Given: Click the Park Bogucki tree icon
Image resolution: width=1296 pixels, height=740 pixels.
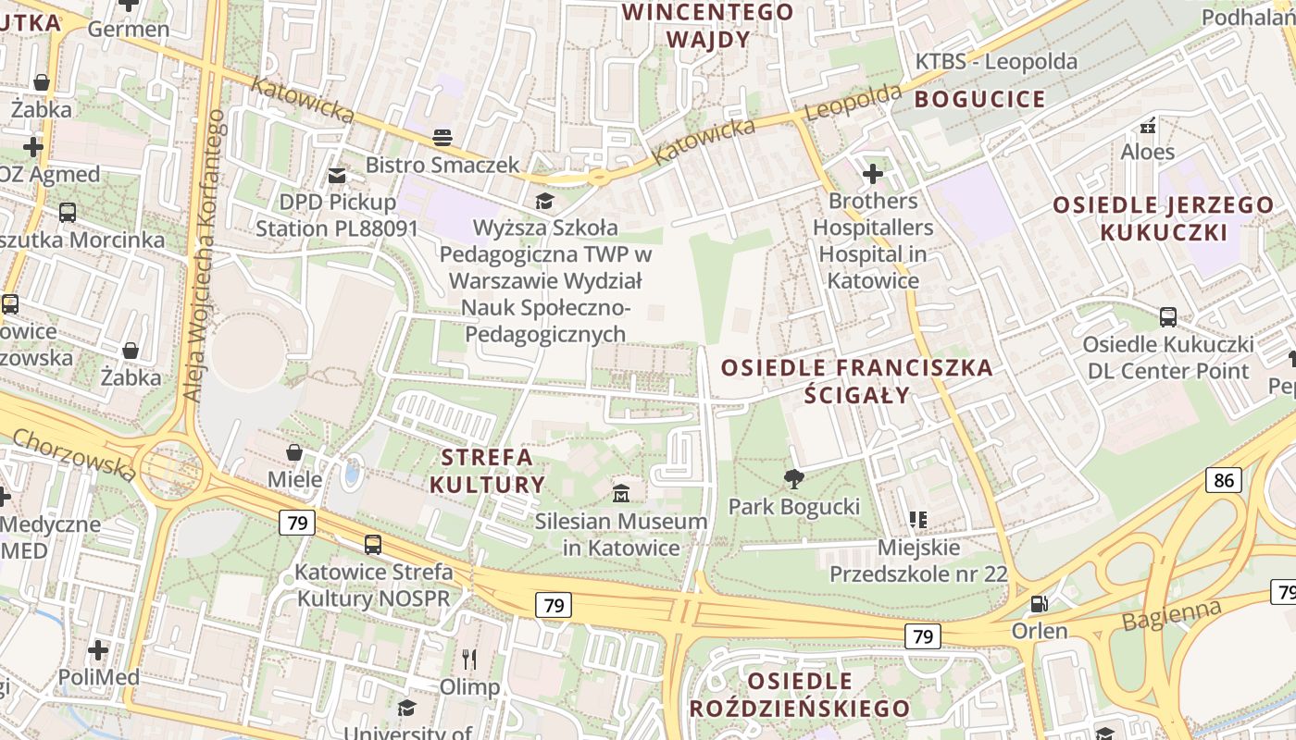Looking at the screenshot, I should click(x=793, y=478).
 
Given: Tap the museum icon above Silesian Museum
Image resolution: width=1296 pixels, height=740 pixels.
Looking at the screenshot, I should click(x=621, y=492).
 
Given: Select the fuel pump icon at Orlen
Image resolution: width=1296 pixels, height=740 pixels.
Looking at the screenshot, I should click(x=1040, y=603).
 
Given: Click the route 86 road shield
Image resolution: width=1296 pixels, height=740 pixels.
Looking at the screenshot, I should click(x=1224, y=479).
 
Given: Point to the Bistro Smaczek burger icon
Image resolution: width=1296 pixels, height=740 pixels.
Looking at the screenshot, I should click(x=442, y=138).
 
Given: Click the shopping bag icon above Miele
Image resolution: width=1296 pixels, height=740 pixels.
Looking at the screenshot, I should click(x=294, y=451).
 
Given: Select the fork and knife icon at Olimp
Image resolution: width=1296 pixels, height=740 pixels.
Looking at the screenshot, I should click(x=469, y=659).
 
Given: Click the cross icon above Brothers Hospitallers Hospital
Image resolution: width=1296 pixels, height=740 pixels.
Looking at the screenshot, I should click(x=872, y=173).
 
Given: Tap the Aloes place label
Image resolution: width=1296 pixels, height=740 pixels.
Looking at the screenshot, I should click(x=1148, y=152).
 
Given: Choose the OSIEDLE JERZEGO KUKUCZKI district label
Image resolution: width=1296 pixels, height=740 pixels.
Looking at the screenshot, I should click(x=1164, y=218).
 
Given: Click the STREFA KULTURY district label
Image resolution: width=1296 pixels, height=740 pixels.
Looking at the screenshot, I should click(x=487, y=471).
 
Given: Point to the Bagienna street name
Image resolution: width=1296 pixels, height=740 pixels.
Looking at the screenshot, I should click(x=1171, y=615).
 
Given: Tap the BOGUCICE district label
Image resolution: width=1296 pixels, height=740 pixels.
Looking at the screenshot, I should click(x=980, y=99).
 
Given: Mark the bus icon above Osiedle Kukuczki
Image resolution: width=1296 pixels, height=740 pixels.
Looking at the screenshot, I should click(x=1167, y=317).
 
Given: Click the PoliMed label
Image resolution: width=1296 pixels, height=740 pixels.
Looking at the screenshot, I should click(x=99, y=677).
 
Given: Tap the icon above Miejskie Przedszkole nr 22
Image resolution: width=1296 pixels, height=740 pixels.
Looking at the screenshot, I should click(x=917, y=519).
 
